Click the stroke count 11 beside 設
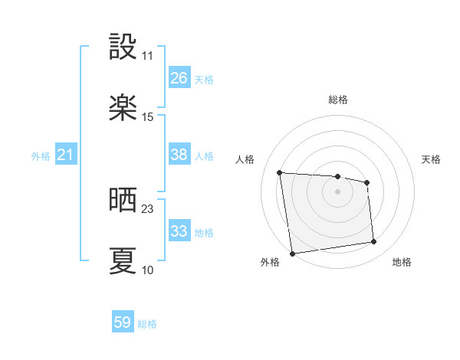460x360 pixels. pyautogui.click(x=148, y=56)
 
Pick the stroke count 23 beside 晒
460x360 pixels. pyautogui.click(x=148, y=209)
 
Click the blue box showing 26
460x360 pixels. pyautogui.click(x=179, y=78)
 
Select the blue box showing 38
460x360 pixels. pyautogui.click(x=179, y=155)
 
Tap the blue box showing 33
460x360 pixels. pyautogui.click(x=179, y=231)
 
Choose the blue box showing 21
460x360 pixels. pyautogui.click(x=66, y=155)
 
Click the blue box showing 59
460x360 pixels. pyautogui.click(x=123, y=323)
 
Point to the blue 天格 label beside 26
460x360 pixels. pyautogui.click(x=203, y=80)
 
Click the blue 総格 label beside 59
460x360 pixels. pyautogui.click(x=147, y=324)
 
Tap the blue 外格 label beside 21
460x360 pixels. pyautogui.click(x=41, y=156)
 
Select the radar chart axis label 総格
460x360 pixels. pyautogui.click(x=338, y=100)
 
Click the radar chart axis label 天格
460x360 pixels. pyautogui.click(x=431, y=159)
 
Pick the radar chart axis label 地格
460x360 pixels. pyautogui.click(x=402, y=262)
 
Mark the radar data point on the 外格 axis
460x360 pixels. pyautogui.click(x=292, y=253)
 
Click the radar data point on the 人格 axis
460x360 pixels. pyautogui.click(x=280, y=172)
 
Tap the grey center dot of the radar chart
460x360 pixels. pyautogui.click(x=337, y=191)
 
